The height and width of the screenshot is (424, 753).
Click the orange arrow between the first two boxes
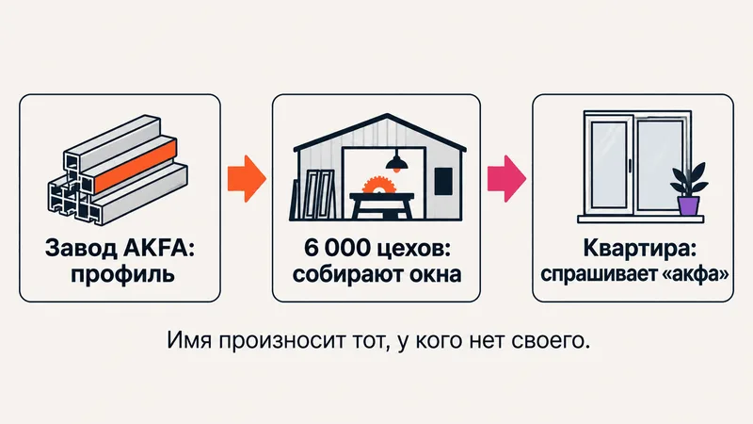pos(247,178)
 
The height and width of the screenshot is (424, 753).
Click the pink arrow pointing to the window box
pos(506,178)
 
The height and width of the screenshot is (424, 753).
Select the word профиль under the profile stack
pos(122,275)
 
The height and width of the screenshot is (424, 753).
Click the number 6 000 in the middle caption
pos(338,248)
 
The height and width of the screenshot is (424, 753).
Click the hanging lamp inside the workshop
pos(396,162)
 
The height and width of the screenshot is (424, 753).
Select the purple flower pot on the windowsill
pos(688,205)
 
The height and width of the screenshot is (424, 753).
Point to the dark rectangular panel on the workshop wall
pos(443,181)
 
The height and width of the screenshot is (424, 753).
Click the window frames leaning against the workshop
pos(313,195)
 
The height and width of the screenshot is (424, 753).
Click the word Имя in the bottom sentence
pos(189,341)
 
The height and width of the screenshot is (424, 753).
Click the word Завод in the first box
pos(81,249)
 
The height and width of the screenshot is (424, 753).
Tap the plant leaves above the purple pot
pos(690,180)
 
